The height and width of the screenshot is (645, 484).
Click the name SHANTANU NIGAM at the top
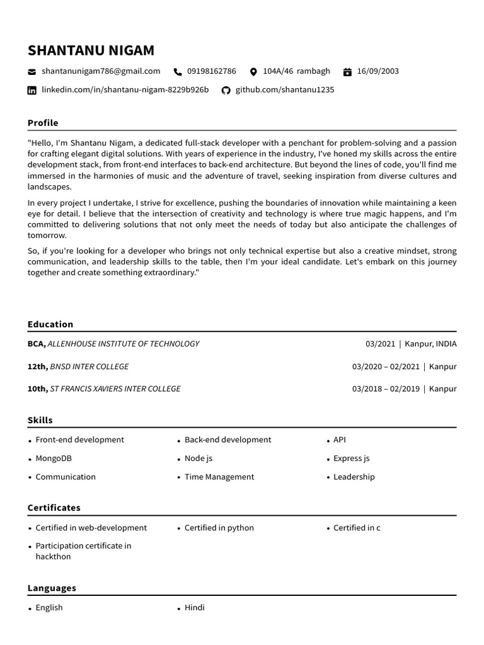pyautogui.click(x=91, y=50)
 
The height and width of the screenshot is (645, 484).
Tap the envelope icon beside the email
pyautogui.click(x=32, y=72)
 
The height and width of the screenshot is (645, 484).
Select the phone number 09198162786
pyautogui.click(x=212, y=71)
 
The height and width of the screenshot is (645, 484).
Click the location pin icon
pyautogui.click(x=253, y=72)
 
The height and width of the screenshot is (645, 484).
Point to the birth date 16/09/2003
pyautogui.click(x=377, y=71)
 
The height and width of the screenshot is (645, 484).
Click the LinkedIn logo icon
pyautogui.click(x=32, y=90)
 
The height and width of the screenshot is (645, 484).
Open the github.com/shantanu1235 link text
pyautogui.click(x=284, y=90)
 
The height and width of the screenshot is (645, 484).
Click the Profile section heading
pyautogui.click(x=43, y=123)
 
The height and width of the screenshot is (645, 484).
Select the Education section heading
pyautogui.click(x=50, y=324)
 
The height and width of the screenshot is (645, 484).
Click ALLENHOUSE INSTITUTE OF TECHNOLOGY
pyautogui.click(x=124, y=344)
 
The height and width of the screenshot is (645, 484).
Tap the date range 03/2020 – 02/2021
pyautogui.click(x=386, y=367)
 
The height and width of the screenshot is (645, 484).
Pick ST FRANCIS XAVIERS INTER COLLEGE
pyautogui.click(x=115, y=389)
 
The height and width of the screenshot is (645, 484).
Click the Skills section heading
pyautogui.click(x=40, y=420)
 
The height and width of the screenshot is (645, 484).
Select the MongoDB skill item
pyautogui.click(x=54, y=459)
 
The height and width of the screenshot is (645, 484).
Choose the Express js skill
pyautogui.click(x=351, y=459)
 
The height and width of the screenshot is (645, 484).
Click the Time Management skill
pyautogui.click(x=219, y=477)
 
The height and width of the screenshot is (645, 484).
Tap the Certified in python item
pyautogui.click(x=219, y=528)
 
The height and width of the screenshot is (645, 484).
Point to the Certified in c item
pyautogui.click(x=357, y=528)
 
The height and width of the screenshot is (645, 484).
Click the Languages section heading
pyautogui.click(x=52, y=588)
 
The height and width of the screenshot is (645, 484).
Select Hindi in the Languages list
pyautogui.click(x=194, y=608)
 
